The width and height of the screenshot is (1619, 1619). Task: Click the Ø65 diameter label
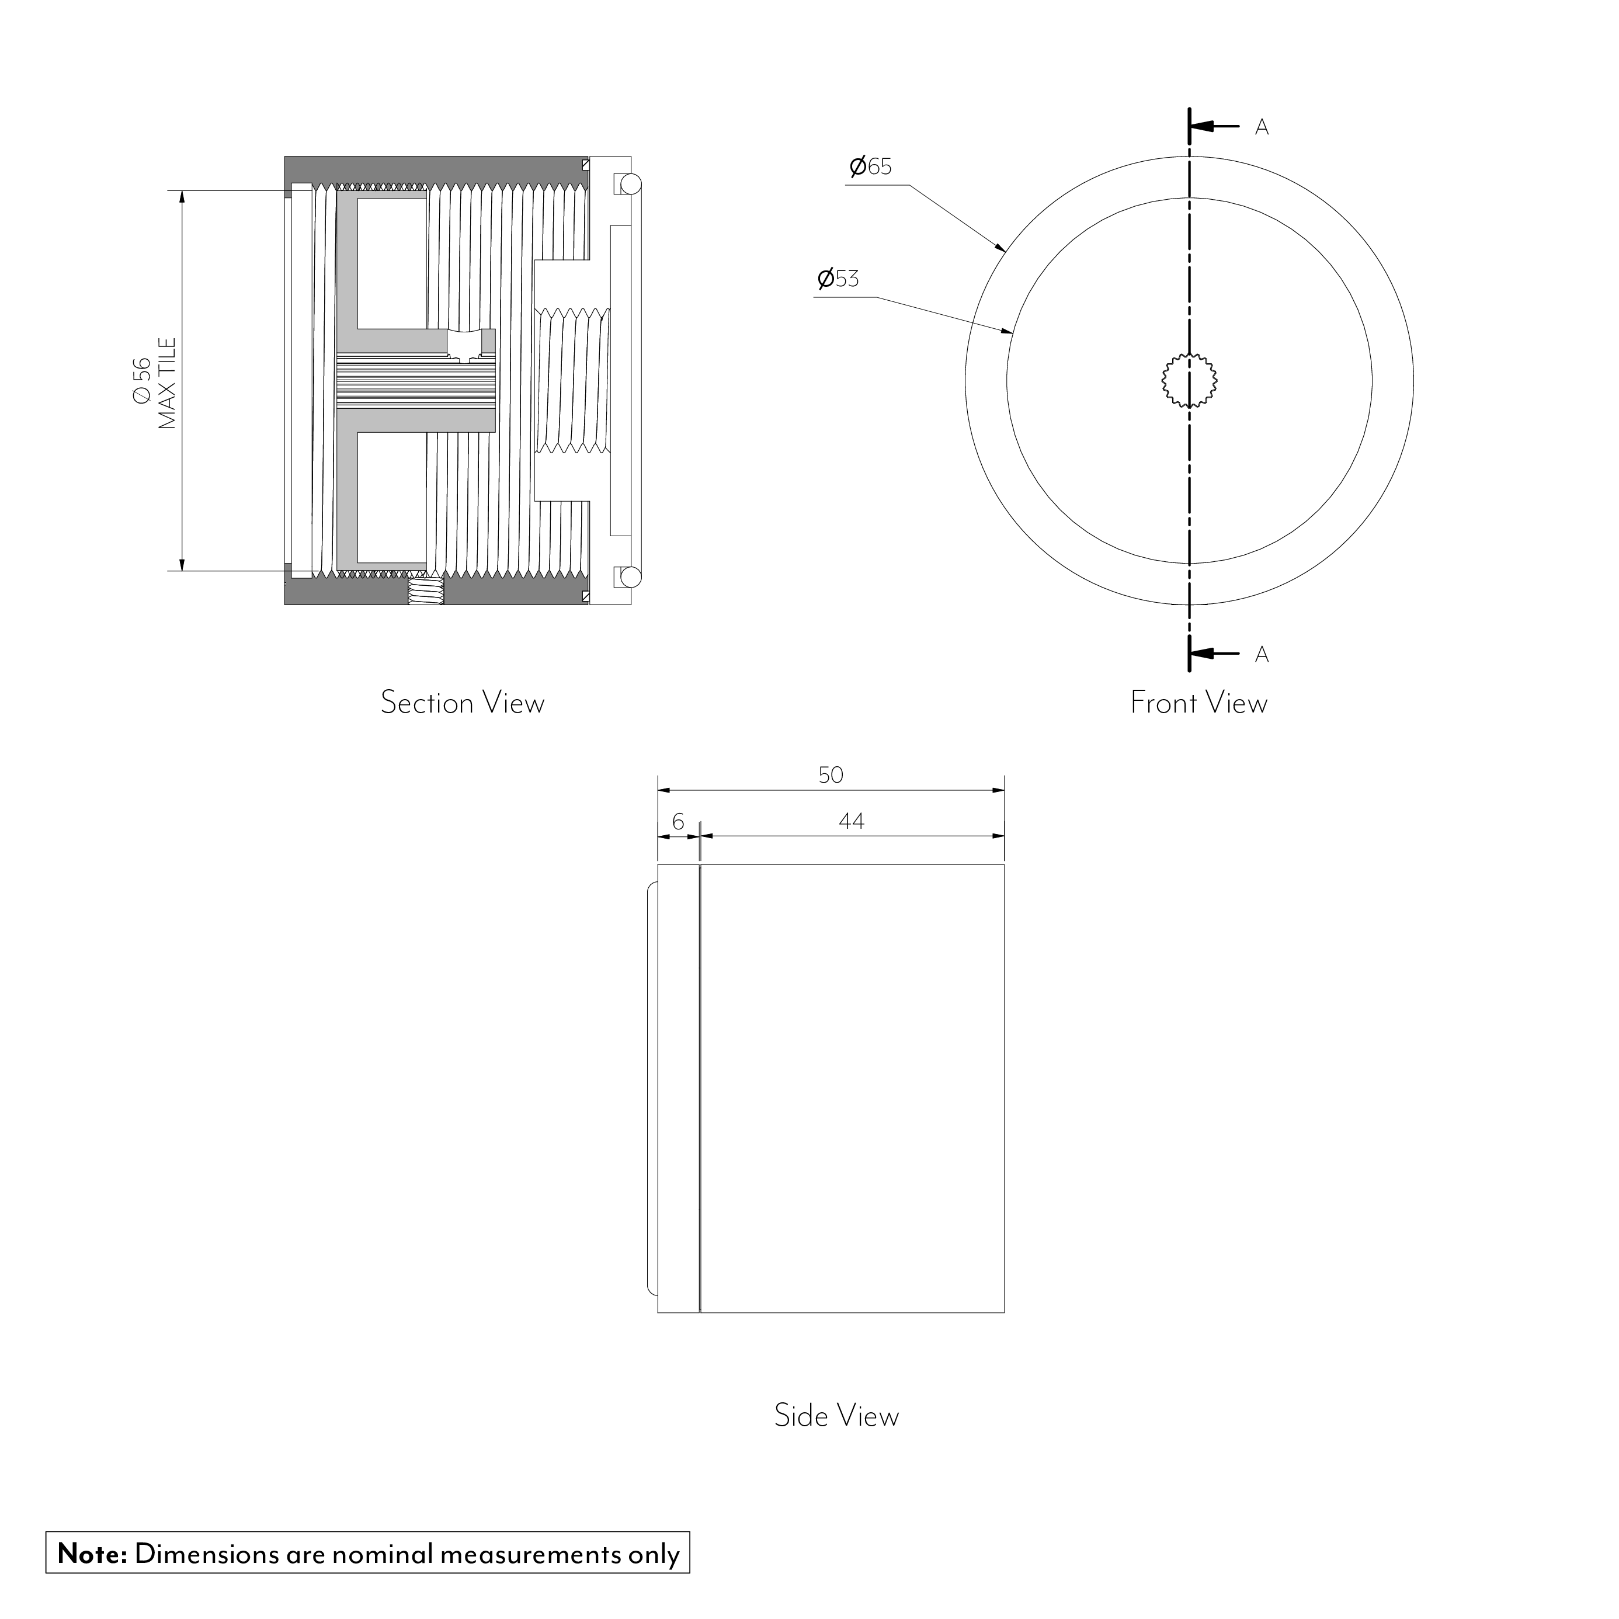coord(871,167)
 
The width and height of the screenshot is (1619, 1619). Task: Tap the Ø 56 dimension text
coord(143,381)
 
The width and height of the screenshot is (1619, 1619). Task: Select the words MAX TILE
coord(168,384)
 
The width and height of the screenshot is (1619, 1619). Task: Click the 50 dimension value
coord(831,775)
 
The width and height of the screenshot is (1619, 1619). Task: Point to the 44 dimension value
coord(852,821)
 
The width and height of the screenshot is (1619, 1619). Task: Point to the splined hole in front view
coord(1189,381)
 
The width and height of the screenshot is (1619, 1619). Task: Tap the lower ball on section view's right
coord(630,578)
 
